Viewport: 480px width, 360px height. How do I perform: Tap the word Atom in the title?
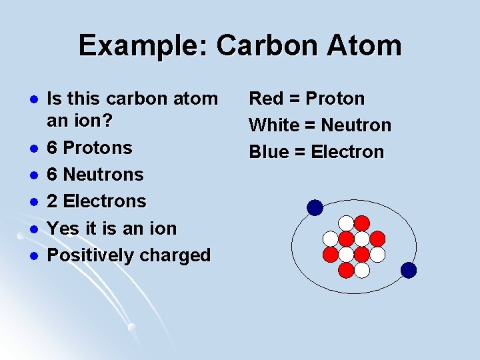366,46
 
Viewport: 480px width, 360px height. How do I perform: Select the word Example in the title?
143,46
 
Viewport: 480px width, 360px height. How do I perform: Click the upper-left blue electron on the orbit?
315,208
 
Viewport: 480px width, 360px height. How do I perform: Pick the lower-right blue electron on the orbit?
409,270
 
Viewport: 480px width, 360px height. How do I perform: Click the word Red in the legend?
265,99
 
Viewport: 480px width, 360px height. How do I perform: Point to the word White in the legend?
273,125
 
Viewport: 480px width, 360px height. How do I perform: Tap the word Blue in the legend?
267,152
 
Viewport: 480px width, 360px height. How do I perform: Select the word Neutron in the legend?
356,125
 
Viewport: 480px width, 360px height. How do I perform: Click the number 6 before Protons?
53,147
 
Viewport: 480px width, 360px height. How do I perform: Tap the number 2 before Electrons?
53,201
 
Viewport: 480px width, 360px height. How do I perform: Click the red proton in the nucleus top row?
361,223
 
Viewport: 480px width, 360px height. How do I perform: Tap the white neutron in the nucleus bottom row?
361,270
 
